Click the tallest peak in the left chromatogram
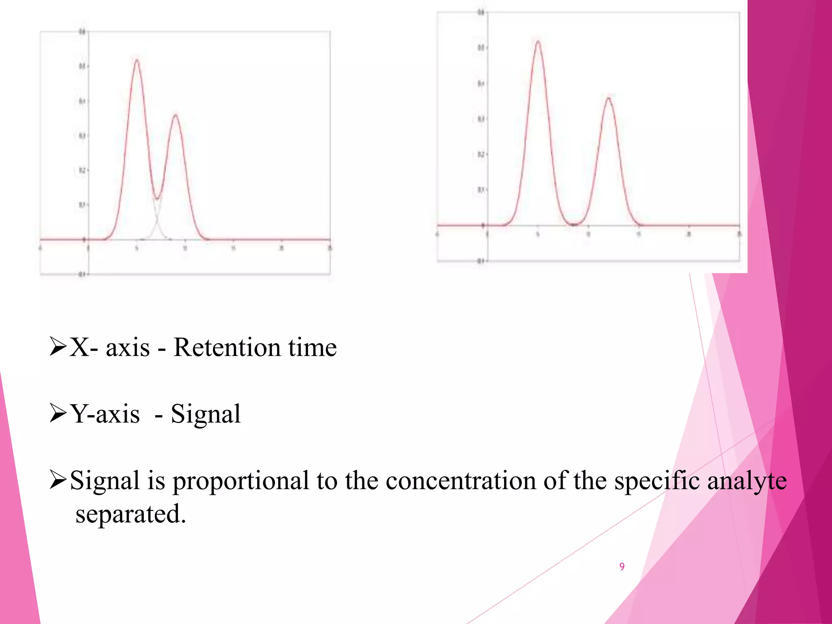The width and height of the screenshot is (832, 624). tap(137, 61)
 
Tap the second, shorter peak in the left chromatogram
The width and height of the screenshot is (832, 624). tap(175, 115)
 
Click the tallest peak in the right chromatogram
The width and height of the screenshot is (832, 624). tap(538, 42)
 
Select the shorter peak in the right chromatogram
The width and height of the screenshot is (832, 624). tap(609, 98)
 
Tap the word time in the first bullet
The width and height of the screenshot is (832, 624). tap(312, 348)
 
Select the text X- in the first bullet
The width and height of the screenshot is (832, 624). tap(84, 348)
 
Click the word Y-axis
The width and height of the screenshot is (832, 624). tap(105, 414)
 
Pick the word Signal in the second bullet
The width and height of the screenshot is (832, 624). tap(206, 414)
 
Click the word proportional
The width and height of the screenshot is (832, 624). tap(241, 481)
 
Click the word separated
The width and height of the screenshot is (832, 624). tap(130, 514)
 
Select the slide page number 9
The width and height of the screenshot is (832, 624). tap(622, 566)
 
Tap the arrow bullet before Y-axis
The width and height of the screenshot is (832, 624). tap(58, 413)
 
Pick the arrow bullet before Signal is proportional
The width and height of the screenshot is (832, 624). tap(58, 480)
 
